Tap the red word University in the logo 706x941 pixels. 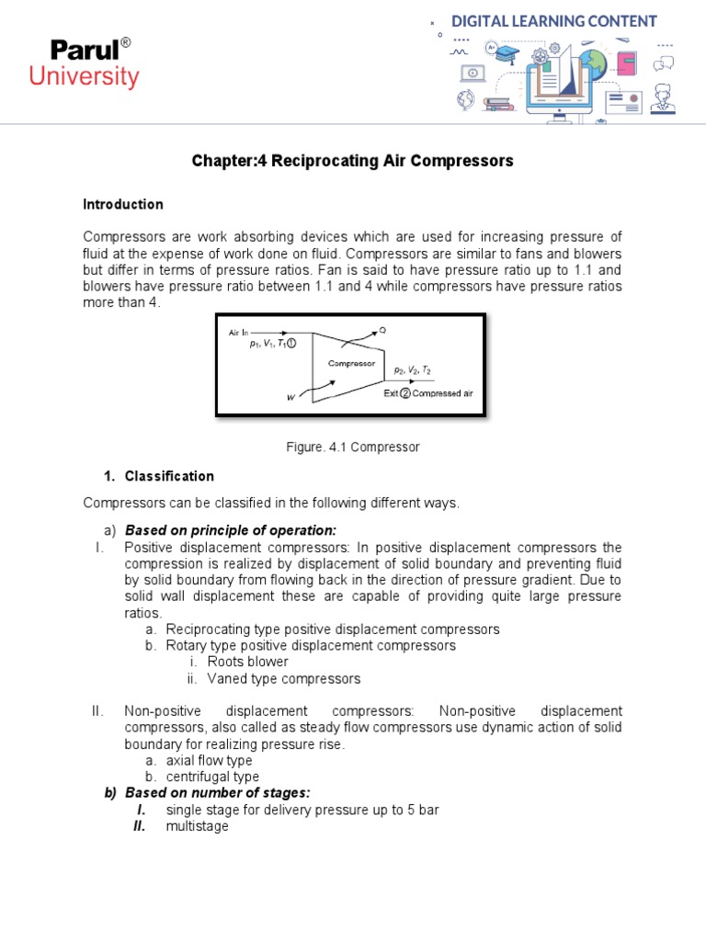[x=84, y=76]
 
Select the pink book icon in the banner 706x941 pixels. [x=628, y=63]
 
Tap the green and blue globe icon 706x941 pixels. [x=593, y=62]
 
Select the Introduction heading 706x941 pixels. [x=123, y=204]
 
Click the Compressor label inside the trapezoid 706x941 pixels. [x=351, y=363]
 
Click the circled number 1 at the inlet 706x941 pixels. [x=290, y=345]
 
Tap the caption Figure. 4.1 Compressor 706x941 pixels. [x=353, y=448]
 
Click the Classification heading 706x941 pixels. [x=169, y=476]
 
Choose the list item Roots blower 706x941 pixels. [x=247, y=662]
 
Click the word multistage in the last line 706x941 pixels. [x=197, y=826]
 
